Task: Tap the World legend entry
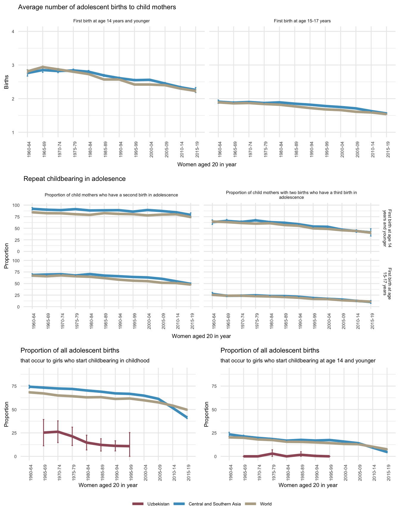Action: [x=265, y=504]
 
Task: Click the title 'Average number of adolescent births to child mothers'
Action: [x=97, y=7]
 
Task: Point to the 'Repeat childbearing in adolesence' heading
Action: [x=74, y=179]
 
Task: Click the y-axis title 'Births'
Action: [x=7, y=82]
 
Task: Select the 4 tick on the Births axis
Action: [x=13, y=32]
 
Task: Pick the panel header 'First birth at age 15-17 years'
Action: [x=302, y=21]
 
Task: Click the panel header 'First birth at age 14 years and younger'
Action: [x=111, y=21]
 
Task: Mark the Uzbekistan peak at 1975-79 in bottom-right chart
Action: [x=272, y=453]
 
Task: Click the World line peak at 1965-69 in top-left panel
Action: [x=43, y=67]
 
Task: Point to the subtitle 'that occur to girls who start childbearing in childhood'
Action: [x=85, y=361]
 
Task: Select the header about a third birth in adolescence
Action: [x=291, y=195]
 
